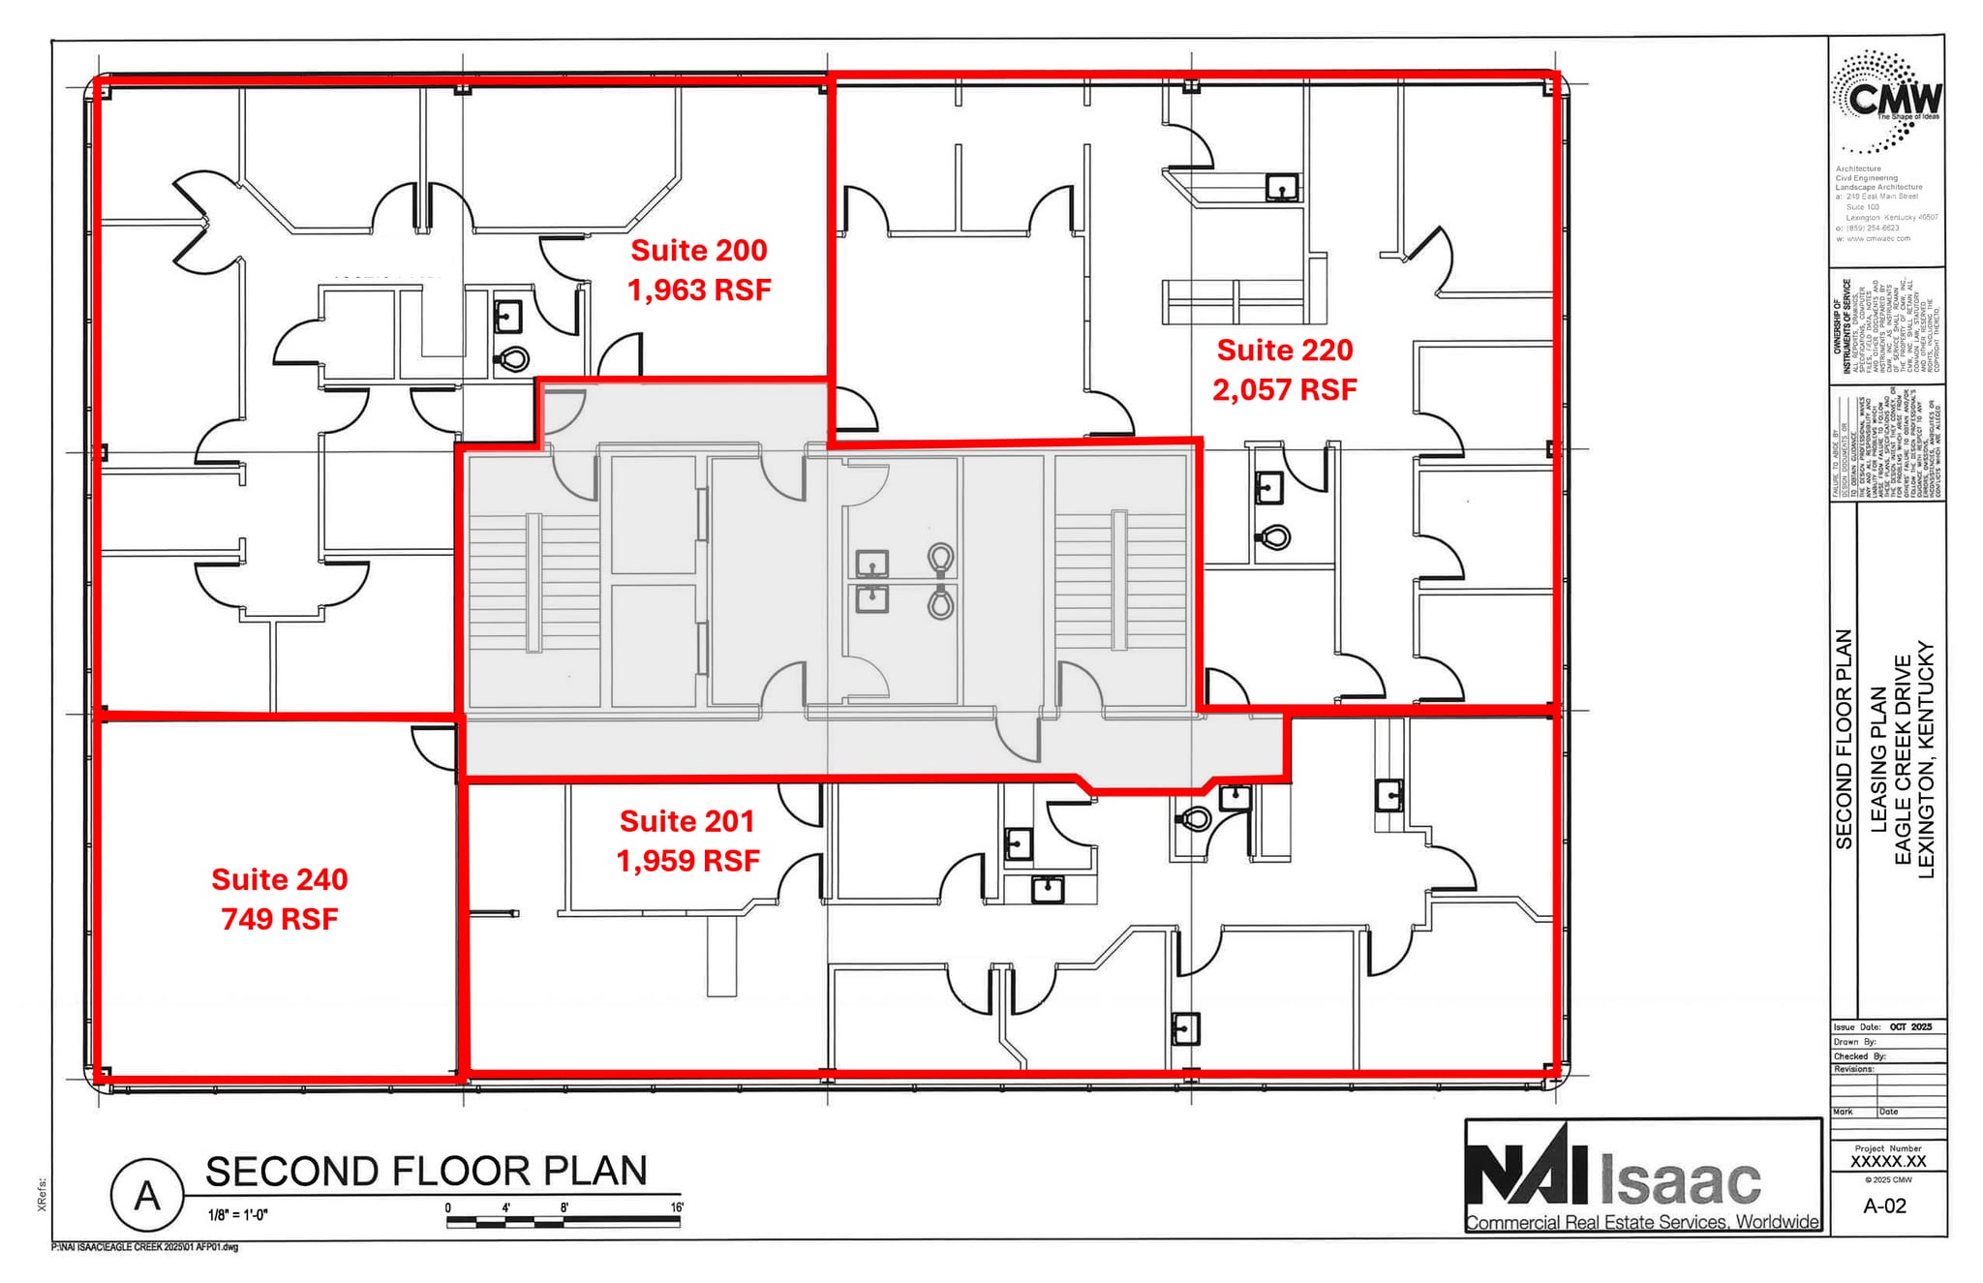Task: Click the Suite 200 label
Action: click(x=699, y=251)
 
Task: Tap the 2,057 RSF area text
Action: click(x=1284, y=390)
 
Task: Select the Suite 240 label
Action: click(x=279, y=879)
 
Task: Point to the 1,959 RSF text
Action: click(x=687, y=861)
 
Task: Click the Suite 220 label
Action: click(x=1284, y=351)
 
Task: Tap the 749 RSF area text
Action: click(x=279, y=919)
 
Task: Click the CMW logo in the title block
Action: click(x=1885, y=102)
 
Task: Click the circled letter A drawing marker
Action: click(x=146, y=1197)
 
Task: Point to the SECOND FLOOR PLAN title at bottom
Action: click(x=426, y=1172)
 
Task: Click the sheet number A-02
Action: click(x=1884, y=1207)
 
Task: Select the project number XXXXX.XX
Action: click(x=1888, y=1161)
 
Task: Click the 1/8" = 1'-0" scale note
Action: click(x=237, y=1215)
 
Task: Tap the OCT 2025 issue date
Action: click(x=1910, y=1027)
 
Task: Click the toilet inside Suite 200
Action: click(x=513, y=359)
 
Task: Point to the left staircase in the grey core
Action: click(x=534, y=581)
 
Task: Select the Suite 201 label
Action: click(x=686, y=821)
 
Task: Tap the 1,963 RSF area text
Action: click(x=699, y=290)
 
